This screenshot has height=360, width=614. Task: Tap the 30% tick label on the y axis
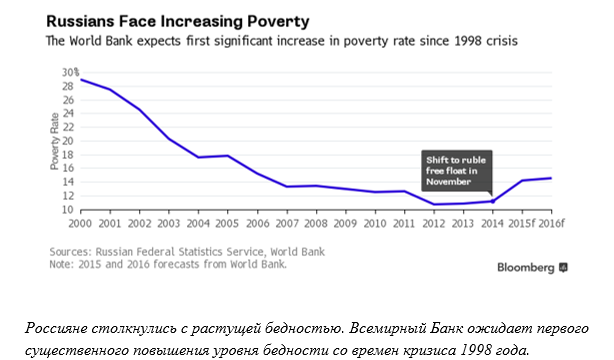click(x=70, y=72)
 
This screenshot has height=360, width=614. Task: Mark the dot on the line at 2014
click(x=492, y=201)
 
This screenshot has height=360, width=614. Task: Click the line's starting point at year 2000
click(x=81, y=80)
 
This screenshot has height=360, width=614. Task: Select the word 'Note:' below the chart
click(x=62, y=264)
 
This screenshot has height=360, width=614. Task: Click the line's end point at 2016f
click(x=551, y=178)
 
